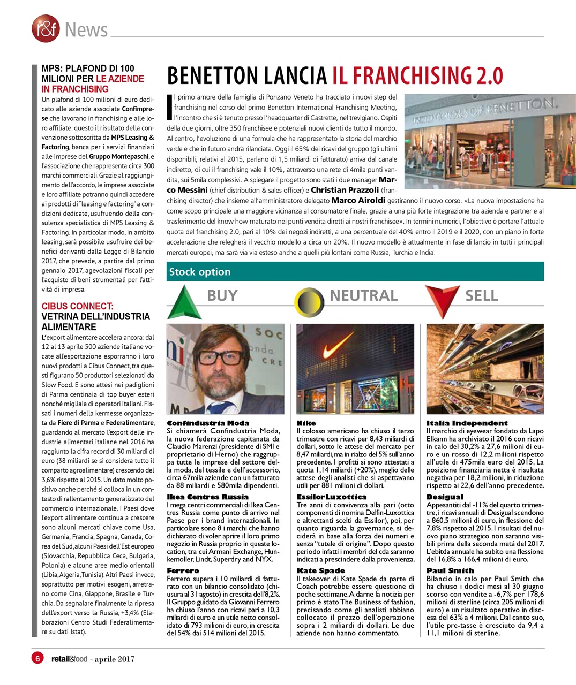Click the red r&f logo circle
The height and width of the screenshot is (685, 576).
(46, 28)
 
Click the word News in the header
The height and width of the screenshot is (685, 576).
(86, 30)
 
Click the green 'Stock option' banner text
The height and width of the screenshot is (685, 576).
(200, 272)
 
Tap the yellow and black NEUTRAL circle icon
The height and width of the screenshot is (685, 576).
(309, 302)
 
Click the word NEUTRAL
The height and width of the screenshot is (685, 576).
(363, 295)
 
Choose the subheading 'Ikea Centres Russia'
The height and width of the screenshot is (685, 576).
(207, 497)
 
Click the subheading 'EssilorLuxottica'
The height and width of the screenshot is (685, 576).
(332, 497)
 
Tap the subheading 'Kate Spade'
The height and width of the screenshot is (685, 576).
(321, 570)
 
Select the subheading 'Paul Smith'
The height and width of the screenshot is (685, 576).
(450, 570)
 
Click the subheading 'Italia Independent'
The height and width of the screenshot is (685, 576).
(467, 423)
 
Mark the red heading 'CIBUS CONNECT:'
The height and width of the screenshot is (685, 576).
(77, 306)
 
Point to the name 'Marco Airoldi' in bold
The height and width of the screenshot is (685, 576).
(358, 201)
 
